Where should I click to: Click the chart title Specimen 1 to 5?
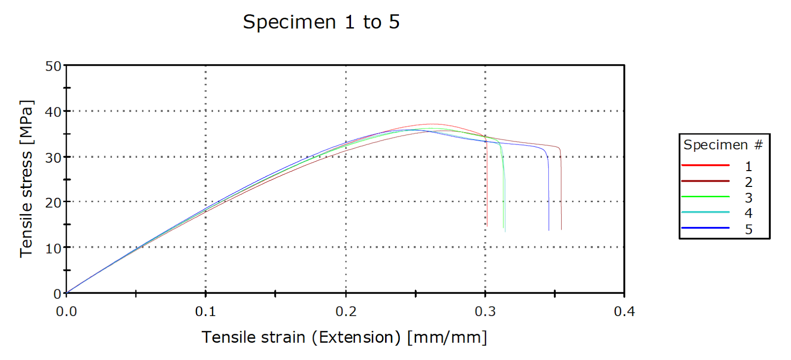pyautogui.click(x=321, y=22)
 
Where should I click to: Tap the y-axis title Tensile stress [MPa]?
pyautogui.click(x=27, y=179)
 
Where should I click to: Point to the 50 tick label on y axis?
pyautogui.click(x=53, y=66)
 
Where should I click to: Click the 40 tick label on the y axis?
pyautogui.click(x=53, y=112)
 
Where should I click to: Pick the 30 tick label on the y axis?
pyautogui.click(x=53, y=158)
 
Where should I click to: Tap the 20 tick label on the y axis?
pyautogui.click(x=53, y=203)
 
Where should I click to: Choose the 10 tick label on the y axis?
pyautogui.click(x=53, y=248)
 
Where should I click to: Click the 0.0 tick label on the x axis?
pyautogui.click(x=66, y=312)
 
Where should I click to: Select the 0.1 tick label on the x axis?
pyautogui.click(x=206, y=312)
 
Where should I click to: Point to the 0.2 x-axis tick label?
pyautogui.click(x=346, y=312)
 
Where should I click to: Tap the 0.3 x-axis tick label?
pyautogui.click(x=485, y=312)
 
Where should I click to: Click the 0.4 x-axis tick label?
pyautogui.click(x=624, y=312)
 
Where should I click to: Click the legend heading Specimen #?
pyautogui.click(x=723, y=145)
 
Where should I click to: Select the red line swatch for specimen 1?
pyautogui.click(x=705, y=165)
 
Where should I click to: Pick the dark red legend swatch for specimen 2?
pyautogui.click(x=705, y=181)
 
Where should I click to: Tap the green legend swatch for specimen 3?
pyautogui.click(x=705, y=197)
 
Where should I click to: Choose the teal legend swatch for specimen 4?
pyautogui.click(x=705, y=212)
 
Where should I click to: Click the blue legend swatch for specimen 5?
pyautogui.click(x=705, y=228)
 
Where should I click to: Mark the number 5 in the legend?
pyautogui.click(x=748, y=229)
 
